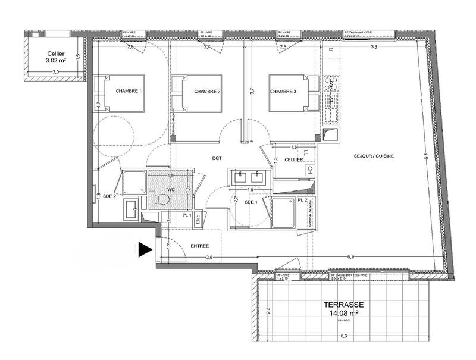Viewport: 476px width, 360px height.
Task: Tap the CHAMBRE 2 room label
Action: click(207, 92)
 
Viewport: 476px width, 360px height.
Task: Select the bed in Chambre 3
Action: click(294, 93)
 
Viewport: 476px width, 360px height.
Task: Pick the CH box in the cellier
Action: click(310, 170)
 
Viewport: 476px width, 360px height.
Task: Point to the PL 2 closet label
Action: click(302, 201)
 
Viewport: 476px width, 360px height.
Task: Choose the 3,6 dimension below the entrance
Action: click(209, 258)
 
